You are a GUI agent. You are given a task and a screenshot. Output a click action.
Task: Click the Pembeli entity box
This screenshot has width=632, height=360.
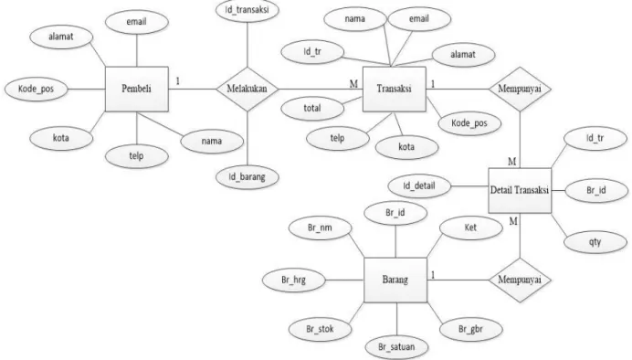[137, 89]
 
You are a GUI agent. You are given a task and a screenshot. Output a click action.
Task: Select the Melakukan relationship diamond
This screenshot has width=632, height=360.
[248, 90]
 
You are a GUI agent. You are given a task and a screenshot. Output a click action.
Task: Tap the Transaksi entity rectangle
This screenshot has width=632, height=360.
[395, 89]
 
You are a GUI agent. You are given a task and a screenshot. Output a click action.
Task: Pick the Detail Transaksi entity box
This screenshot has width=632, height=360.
[520, 190]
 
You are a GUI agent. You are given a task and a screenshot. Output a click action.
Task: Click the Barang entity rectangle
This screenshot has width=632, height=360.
[395, 280]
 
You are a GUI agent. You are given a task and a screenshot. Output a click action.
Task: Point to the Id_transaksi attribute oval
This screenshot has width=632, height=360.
[248, 10]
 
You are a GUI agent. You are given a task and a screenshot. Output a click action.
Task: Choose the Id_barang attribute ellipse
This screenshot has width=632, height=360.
[248, 177]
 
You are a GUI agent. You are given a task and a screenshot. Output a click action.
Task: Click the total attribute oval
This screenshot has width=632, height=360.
[312, 109]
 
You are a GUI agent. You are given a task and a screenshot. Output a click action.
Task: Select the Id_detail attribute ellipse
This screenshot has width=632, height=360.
[419, 186]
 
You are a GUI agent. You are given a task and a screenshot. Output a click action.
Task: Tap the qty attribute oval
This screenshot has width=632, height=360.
[595, 242]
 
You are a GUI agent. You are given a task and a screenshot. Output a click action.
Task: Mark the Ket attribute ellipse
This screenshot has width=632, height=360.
[470, 228]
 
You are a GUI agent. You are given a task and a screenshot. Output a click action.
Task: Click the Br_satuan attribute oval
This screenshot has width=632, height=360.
[396, 346]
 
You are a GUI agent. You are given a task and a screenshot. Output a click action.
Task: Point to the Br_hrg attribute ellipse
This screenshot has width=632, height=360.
[294, 280]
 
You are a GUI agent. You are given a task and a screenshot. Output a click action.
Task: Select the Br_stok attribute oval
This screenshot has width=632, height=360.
[320, 329]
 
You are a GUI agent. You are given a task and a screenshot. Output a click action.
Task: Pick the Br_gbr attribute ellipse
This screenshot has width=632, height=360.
[470, 329]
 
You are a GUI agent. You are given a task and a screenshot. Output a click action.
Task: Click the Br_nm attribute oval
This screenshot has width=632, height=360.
[320, 228]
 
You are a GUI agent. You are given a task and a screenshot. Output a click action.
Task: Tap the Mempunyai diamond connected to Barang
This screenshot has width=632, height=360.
[520, 280]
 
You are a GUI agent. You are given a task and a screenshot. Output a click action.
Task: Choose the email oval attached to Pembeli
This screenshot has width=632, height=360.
[137, 22]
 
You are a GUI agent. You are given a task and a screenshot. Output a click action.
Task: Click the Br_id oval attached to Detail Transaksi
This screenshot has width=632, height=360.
[596, 190]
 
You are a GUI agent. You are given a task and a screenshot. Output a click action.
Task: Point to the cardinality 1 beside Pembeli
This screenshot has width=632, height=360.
[177, 81]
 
